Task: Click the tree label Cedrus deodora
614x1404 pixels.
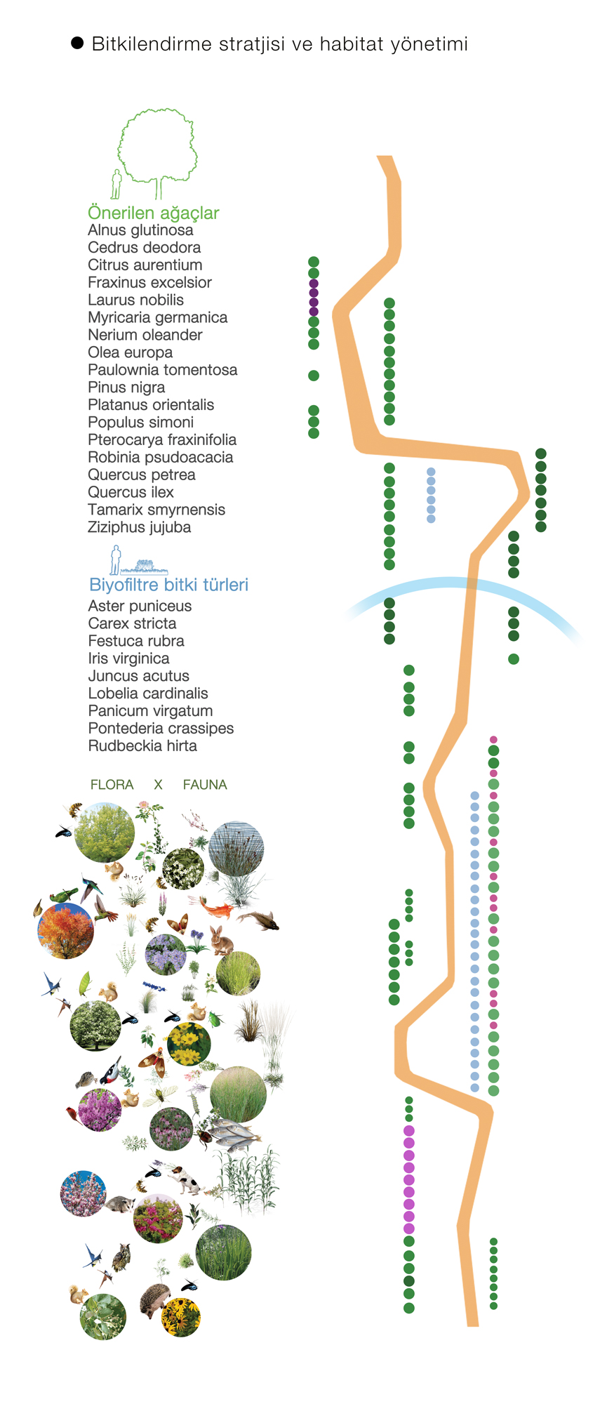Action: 144,248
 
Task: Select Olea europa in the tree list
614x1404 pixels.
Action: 130,352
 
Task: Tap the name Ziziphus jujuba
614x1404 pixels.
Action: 139,527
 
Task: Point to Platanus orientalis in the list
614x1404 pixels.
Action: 151,405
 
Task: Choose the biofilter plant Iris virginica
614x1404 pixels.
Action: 128,658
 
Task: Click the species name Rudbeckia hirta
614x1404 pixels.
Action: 142,746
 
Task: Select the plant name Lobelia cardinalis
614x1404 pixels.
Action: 148,694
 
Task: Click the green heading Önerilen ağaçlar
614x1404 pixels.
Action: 153,213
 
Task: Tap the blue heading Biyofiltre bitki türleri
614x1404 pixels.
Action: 168,585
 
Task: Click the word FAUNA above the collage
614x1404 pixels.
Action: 205,785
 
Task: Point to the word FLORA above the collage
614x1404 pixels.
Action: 112,785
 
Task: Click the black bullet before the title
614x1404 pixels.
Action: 77,44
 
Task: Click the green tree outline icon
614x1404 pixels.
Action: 156,151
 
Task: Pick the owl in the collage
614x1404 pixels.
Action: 122,1256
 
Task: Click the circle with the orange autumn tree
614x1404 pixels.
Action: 65,930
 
